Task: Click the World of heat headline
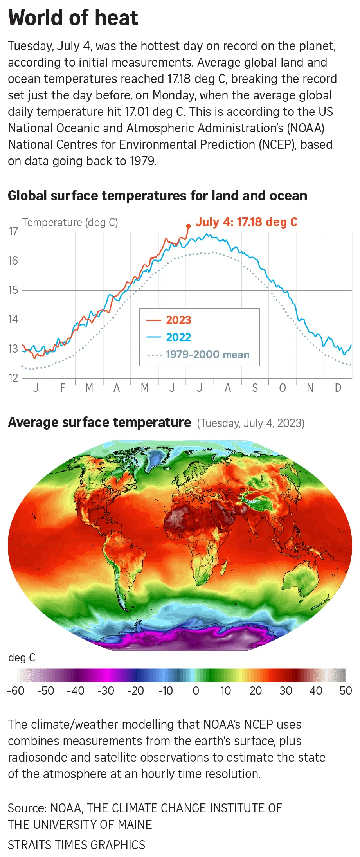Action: (73, 18)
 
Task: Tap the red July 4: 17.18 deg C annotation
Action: (247, 222)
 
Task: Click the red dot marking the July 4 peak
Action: (188, 226)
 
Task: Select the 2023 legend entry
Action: (178, 320)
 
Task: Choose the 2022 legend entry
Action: (178, 337)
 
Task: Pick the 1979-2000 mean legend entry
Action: (207, 355)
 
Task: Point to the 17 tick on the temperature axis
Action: (14, 231)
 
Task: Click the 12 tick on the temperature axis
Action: (14, 378)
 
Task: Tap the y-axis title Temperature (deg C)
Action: (70, 222)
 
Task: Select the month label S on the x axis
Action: (255, 388)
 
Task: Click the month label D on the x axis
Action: (338, 388)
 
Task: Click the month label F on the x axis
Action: (63, 388)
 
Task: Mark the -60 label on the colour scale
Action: (16, 691)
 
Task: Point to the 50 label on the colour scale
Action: (346, 691)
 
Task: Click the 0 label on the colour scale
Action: (196, 691)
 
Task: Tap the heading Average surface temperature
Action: (99, 422)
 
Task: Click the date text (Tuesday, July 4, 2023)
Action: (250, 423)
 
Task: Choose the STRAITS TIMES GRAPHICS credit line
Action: (76, 845)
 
